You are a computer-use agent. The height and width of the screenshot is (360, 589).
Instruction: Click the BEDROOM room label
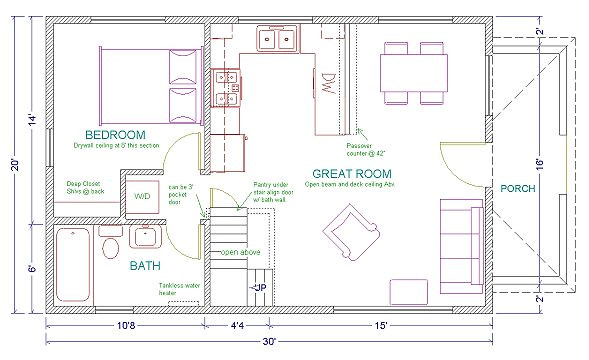pyautogui.click(x=115, y=134)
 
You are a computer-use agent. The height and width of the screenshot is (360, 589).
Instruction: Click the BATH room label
pyautogui.click(x=147, y=266)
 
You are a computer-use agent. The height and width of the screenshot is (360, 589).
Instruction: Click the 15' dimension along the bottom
pyautogui.click(x=383, y=325)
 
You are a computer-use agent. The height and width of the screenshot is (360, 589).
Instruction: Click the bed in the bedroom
pyautogui.click(x=148, y=84)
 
